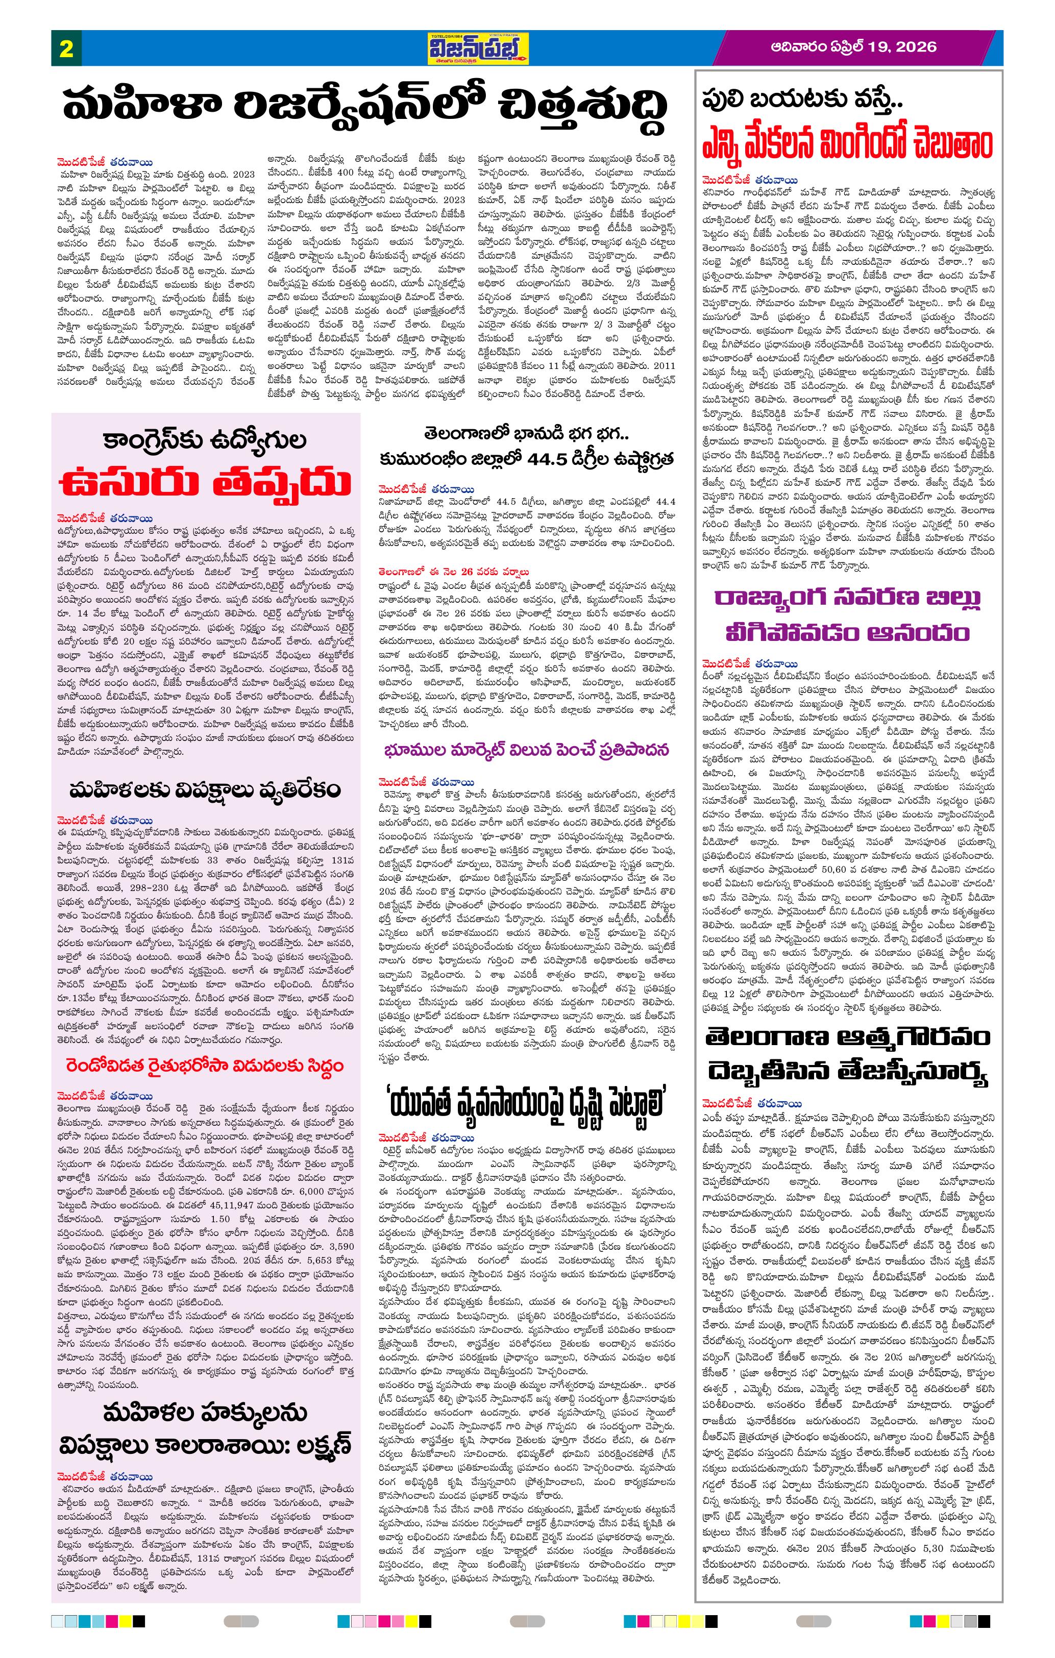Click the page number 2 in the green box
66,49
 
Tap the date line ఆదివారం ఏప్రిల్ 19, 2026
853,47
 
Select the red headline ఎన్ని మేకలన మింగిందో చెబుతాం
847,144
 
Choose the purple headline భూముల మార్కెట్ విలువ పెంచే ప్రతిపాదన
527,749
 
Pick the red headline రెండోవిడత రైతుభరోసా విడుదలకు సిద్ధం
205,1066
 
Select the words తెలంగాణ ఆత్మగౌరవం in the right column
847,1037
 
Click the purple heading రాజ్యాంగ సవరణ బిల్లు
847,597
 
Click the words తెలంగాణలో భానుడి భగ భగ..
527,434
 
